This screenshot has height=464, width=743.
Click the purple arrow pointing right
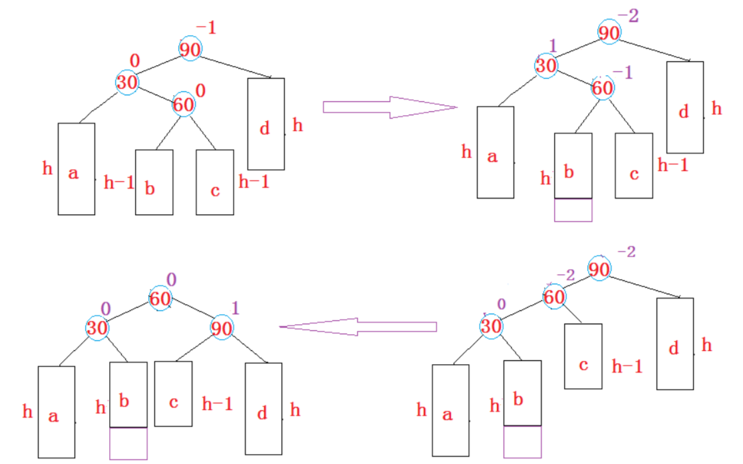click(389, 107)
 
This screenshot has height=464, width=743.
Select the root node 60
click(160, 299)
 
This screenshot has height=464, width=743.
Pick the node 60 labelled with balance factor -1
click(603, 88)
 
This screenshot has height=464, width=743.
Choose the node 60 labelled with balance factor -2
click(554, 297)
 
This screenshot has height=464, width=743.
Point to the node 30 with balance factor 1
click(546, 66)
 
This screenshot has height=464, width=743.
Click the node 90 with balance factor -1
click(190, 49)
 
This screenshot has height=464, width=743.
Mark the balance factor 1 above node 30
click(551, 45)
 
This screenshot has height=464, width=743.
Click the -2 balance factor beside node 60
click(565, 274)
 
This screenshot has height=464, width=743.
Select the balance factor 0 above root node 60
click(171, 280)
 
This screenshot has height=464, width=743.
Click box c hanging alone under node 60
click(583, 355)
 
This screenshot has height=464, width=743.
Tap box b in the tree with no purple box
click(154, 182)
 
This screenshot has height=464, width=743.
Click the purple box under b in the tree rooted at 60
click(128, 443)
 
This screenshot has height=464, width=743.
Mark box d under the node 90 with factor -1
click(265, 123)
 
